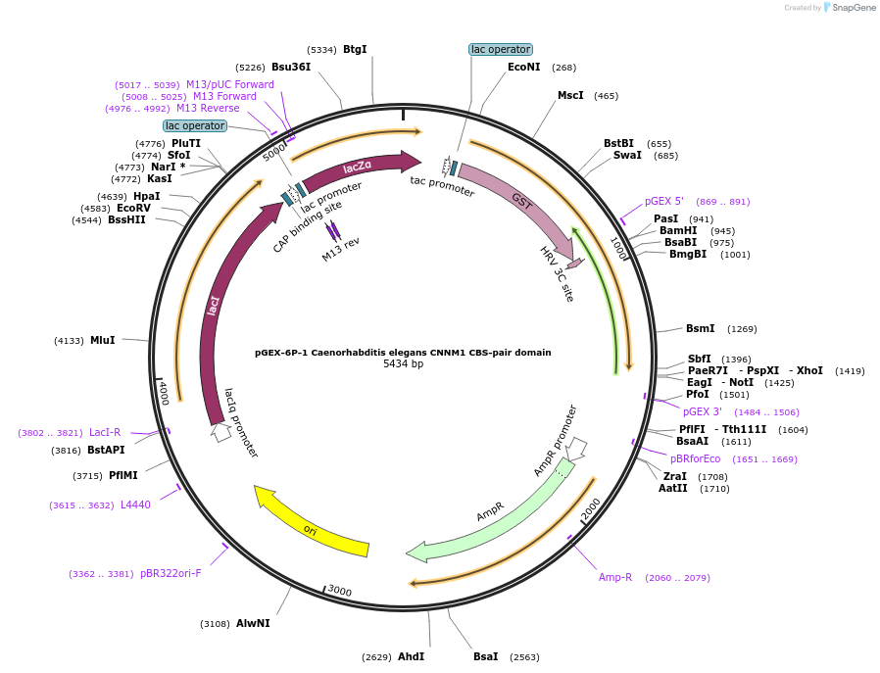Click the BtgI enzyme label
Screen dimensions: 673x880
coord(355,49)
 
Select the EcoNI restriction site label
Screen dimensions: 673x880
coord(523,67)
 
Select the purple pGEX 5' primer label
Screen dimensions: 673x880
coord(663,201)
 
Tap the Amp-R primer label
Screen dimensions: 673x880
coord(615,577)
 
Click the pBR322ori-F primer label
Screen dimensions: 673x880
coord(171,573)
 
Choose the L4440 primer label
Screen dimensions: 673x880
coord(135,505)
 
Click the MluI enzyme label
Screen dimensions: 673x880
coord(102,340)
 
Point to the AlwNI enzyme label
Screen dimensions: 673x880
coord(253,623)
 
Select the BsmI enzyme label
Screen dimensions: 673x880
coord(701,328)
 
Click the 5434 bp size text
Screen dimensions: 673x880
coord(403,364)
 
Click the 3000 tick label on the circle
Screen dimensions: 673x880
coord(339,591)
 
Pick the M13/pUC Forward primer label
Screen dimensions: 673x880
coord(230,84)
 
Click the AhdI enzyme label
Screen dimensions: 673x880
coord(411,656)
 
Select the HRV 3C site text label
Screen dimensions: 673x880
coord(557,273)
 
